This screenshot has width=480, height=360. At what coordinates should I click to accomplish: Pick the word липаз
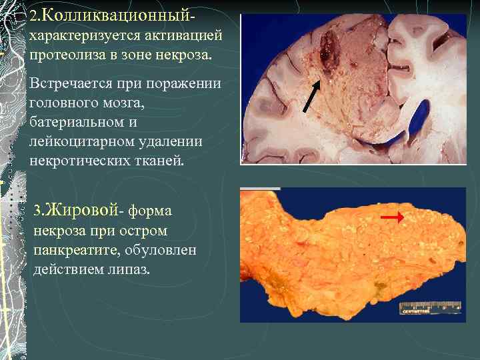(133, 269)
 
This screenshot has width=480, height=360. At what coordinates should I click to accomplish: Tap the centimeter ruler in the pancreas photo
(430, 307)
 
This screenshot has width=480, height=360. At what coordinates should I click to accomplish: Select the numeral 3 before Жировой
(37, 211)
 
